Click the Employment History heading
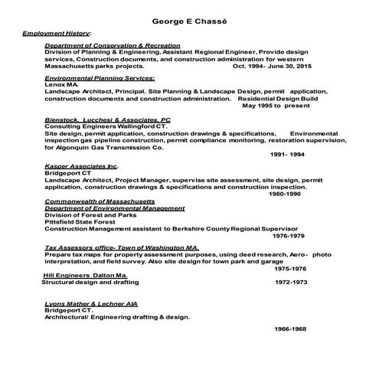[57, 34]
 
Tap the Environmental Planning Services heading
[100, 78]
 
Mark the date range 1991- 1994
[287, 155]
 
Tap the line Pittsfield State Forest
[87, 222]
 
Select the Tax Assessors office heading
[122, 248]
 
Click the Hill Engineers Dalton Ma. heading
[84, 275]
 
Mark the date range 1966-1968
[290, 328]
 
